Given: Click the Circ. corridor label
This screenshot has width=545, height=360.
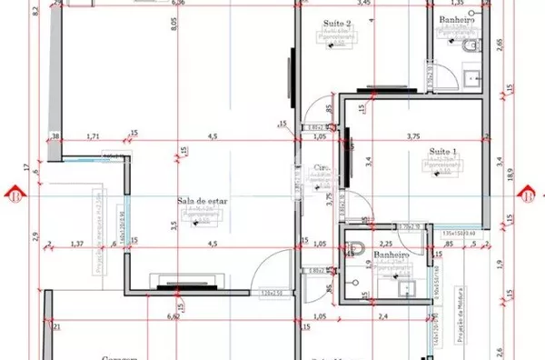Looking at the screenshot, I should click(x=320, y=167).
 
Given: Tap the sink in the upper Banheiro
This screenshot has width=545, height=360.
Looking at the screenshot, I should click(x=471, y=78).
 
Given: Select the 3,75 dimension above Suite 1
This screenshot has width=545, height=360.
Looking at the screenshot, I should click(x=413, y=136).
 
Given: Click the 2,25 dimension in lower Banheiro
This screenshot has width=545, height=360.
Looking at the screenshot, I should click(x=385, y=244).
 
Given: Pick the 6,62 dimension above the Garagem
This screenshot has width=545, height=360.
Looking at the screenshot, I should click(x=172, y=317).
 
